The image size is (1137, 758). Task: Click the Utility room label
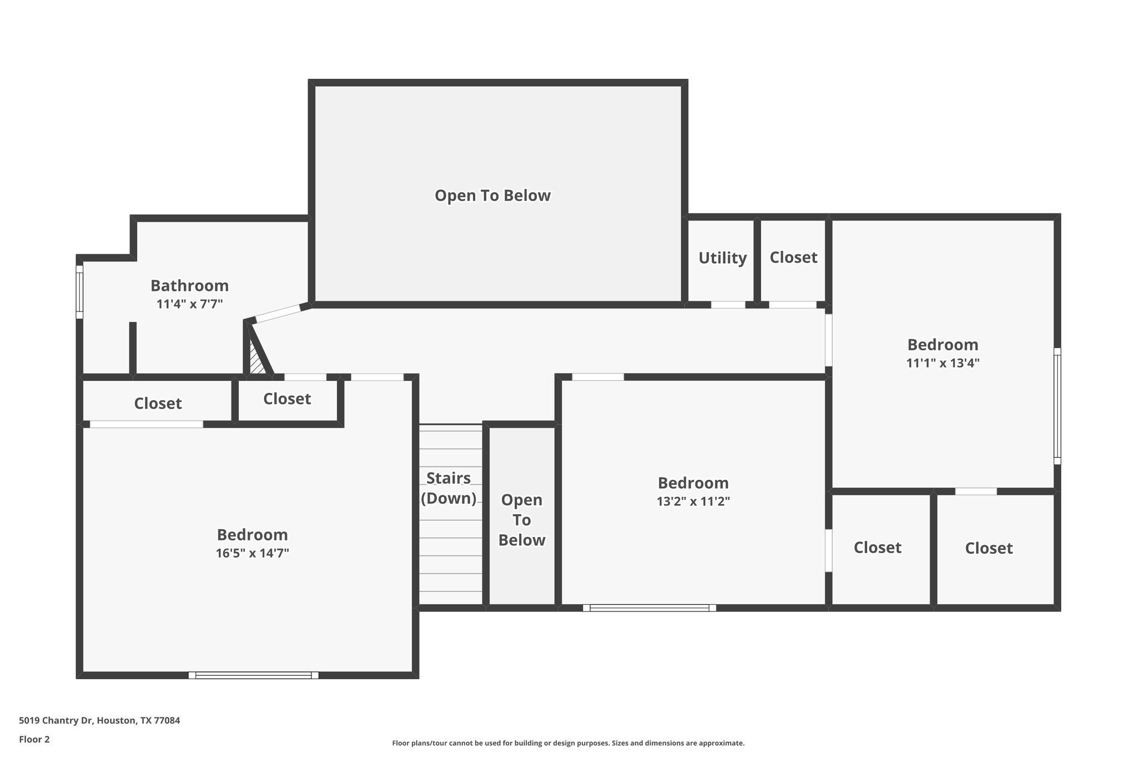(x=722, y=258)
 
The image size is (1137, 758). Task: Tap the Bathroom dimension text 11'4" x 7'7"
(x=189, y=304)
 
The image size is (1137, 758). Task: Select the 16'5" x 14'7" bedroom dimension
(x=252, y=553)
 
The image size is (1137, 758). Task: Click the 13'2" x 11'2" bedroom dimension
(x=693, y=501)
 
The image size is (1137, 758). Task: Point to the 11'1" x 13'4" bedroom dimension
(x=942, y=363)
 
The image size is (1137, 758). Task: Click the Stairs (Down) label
(x=449, y=488)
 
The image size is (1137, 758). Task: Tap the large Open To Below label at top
(x=492, y=195)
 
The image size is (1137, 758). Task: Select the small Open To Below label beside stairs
(x=521, y=520)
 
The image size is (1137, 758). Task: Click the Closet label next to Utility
(x=793, y=257)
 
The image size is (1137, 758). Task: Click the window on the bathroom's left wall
(x=79, y=292)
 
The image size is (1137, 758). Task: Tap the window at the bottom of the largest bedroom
(x=253, y=675)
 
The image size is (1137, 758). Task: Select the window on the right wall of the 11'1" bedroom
(x=1057, y=406)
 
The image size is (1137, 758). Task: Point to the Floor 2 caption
(x=34, y=739)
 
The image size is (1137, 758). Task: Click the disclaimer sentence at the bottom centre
(x=568, y=743)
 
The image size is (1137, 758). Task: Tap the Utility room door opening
(x=728, y=305)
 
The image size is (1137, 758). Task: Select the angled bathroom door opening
(x=277, y=314)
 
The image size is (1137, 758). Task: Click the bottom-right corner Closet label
(x=989, y=548)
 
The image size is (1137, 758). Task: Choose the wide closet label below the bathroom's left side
(x=158, y=403)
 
